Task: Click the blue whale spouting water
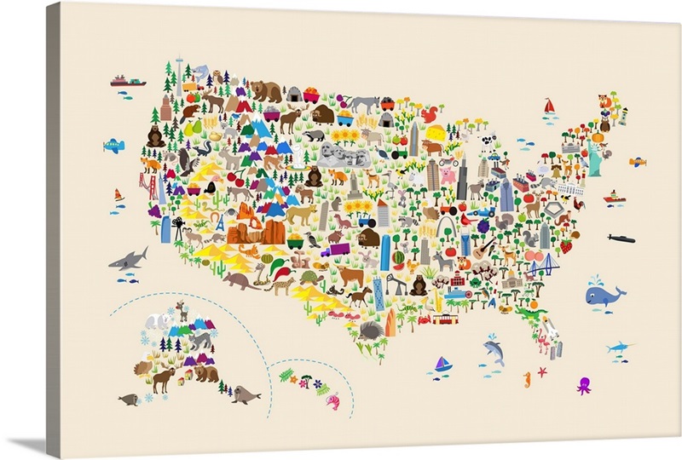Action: point(604,296)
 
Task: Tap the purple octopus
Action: point(584,385)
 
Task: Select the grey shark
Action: point(128,258)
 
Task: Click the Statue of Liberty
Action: point(594,157)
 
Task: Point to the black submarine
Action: point(621,238)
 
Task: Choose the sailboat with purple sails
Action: point(442,364)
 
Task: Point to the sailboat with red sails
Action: point(550,106)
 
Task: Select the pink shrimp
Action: point(332,400)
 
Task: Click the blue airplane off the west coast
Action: point(113,146)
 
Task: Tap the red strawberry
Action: point(565,245)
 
